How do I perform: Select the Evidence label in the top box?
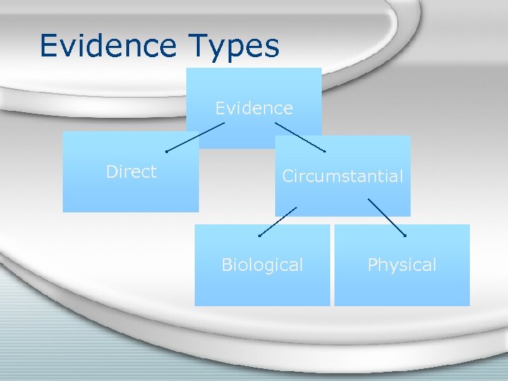point(254,108)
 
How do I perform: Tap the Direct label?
point(131,171)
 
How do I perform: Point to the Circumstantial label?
point(343,176)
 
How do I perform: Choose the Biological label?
point(262,265)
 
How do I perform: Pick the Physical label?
point(402,265)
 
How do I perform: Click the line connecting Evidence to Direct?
point(195,137)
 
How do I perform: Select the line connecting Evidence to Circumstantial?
point(300,137)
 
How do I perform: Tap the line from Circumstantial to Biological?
point(278,221)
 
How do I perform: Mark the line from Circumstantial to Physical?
point(387,217)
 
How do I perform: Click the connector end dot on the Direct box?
point(166,152)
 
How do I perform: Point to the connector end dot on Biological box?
point(259,236)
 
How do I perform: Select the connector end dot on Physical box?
point(405,235)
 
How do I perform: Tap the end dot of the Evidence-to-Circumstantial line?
point(325,152)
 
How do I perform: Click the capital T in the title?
point(199,46)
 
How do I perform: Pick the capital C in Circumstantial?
point(288,176)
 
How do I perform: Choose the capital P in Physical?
point(373,265)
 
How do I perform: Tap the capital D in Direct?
point(111,171)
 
